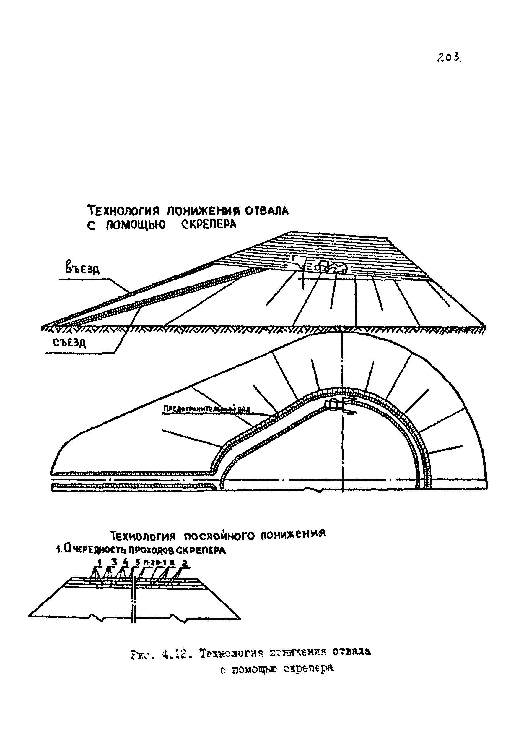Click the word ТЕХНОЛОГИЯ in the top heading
coord(123,211)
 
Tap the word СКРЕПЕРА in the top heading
coord(209,225)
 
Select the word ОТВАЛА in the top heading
coord(266,211)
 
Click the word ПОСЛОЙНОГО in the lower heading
coord(220,535)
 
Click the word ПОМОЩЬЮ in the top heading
coord(136,225)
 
